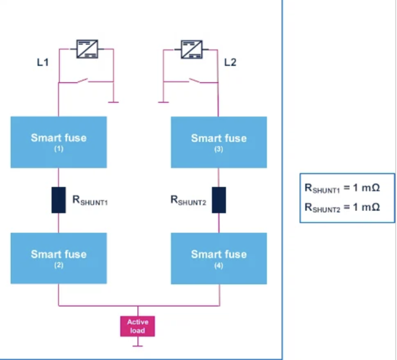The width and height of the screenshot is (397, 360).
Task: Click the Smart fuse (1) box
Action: coord(59,142)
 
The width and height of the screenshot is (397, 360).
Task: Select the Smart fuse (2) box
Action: coord(59,258)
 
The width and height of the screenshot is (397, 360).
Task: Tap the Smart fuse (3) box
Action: coord(219,142)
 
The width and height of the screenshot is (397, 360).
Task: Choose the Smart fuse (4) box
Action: coord(219,258)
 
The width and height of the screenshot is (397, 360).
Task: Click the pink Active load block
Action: coord(138,326)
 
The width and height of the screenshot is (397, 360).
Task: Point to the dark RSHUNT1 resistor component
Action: coord(59,200)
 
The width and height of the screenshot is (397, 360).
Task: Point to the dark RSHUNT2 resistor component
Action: coord(219,200)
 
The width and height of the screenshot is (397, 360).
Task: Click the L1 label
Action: coord(43,63)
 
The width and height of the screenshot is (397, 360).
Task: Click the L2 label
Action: coord(230,63)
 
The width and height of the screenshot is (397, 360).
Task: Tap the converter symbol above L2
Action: coord(192,49)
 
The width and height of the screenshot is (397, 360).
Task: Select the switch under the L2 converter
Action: coord(194,81)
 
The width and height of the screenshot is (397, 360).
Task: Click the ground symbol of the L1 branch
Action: coord(113,101)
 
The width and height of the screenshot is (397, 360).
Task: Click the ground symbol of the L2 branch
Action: coord(163,101)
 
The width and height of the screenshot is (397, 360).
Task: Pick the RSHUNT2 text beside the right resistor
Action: coord(188,201)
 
